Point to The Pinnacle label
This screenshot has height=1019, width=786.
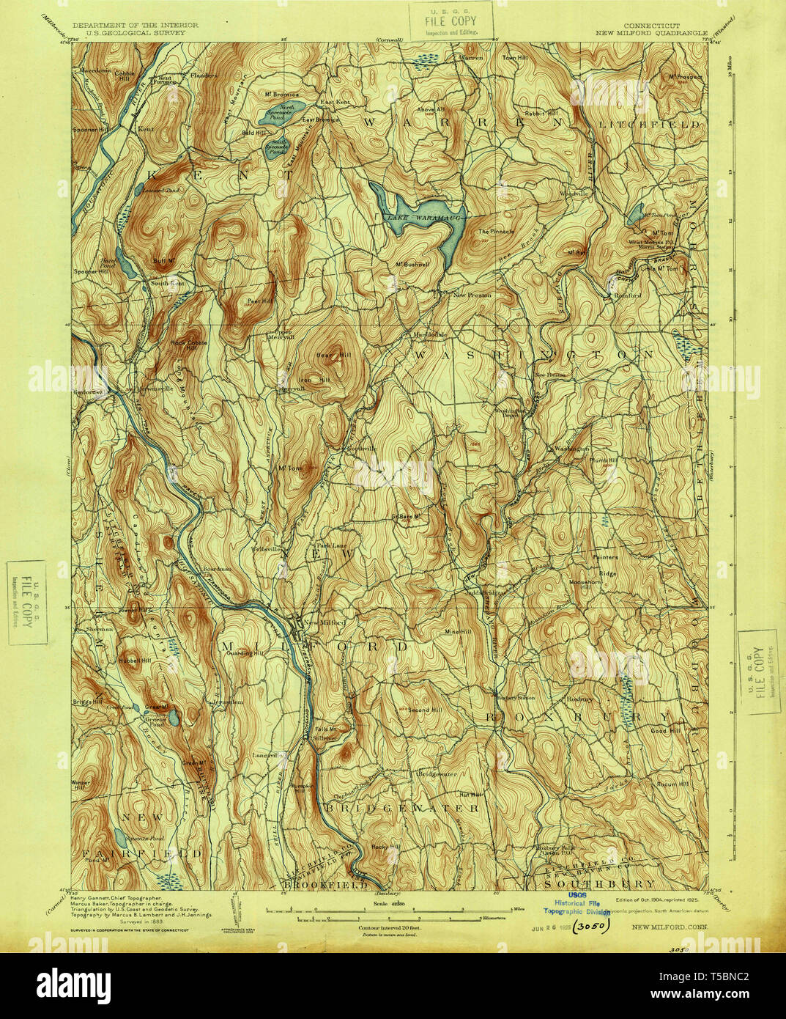[497, 232]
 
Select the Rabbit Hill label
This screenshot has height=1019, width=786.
[543, 113]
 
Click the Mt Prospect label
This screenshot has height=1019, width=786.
[684, 76]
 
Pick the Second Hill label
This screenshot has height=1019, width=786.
[425, 710]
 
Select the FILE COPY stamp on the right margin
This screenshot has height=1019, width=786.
[758, 671]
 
